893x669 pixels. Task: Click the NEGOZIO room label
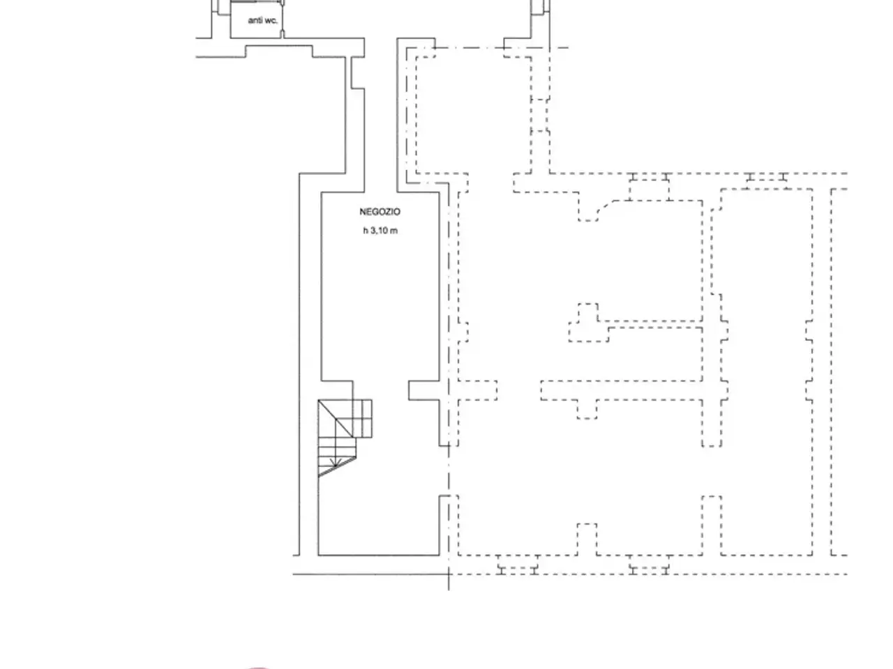(380, 212)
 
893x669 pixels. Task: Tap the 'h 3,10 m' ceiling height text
(380, 231)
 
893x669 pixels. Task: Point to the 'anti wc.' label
(263, 20)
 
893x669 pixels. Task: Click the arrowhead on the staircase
(336, 462)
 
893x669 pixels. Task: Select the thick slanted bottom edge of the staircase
(337, 467)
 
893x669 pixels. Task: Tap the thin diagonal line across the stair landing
(336, 419)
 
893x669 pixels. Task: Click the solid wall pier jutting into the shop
(424, 390)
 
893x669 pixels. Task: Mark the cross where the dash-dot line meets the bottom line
(449, 574)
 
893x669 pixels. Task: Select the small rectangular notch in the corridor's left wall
(358, 72)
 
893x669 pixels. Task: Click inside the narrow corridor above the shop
(380, 114)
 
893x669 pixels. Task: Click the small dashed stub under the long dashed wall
(587, 409)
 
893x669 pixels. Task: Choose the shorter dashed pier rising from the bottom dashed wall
(587, 539)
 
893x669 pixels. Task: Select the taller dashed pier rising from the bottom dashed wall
(712, 525)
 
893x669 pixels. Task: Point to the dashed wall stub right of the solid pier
(478, 390)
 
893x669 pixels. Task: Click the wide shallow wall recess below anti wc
(279, 52)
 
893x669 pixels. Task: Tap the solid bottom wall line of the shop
(379, 555)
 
